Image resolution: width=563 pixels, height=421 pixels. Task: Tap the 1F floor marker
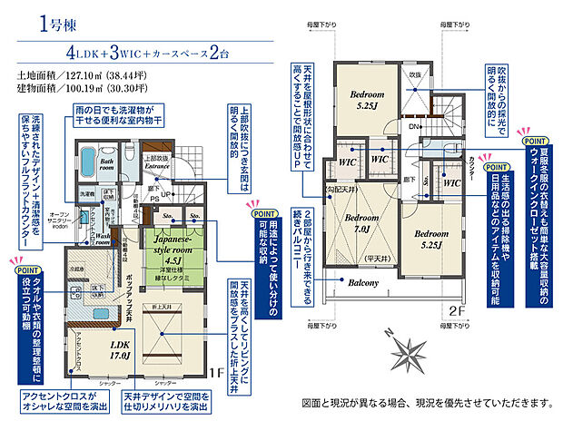(219, 372)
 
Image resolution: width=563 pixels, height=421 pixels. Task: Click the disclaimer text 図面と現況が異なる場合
(425, 401)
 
